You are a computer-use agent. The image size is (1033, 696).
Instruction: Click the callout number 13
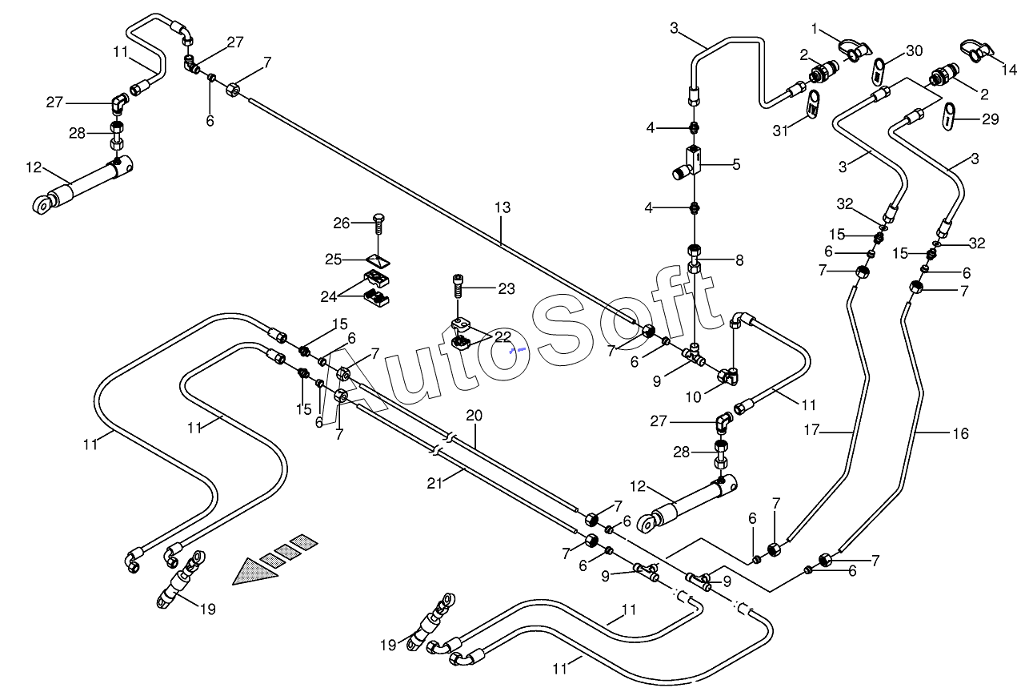coord(502,207)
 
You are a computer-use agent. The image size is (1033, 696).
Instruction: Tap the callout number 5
coord(736,164)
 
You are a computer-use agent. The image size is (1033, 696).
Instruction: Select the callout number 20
coord(474,416)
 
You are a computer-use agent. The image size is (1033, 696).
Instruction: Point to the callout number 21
coord(434,483)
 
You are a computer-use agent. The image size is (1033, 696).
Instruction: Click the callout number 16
coord(961,433)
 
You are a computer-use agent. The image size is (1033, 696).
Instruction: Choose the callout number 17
coord(811,430)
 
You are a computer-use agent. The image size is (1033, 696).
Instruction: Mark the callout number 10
coord(693,397)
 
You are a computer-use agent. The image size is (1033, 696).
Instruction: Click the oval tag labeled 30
coord(878,71)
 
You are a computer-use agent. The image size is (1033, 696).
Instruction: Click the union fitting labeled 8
coord(695,259)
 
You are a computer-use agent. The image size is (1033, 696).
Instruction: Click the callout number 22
coord(502,336)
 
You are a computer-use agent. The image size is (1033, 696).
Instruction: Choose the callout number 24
coord(328,297)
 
